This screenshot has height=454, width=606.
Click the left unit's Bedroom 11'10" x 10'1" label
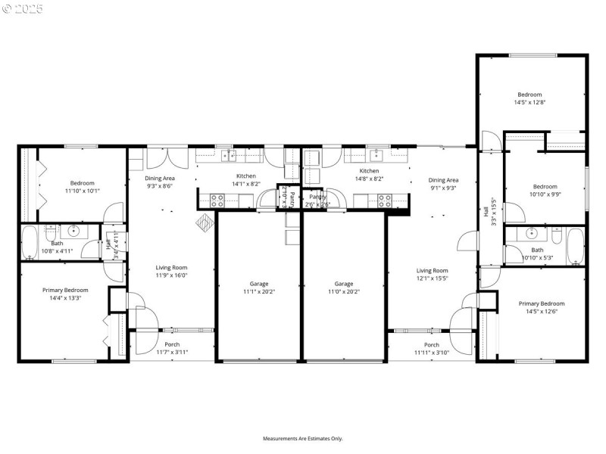click(83, 187)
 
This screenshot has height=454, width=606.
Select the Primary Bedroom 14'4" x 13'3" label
click(64, 294)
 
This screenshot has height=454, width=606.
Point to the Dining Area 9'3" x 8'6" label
click(159, 182)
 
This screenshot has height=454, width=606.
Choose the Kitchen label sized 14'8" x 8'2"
click(369, 175)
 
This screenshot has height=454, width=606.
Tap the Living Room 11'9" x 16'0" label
click(171, 271)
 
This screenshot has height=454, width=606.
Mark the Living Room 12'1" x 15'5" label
click(433, 275)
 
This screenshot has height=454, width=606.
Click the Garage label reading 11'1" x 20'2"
click(259, 288)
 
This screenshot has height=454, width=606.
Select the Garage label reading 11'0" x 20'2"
click(344, 288)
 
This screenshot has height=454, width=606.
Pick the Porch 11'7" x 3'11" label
click(172, 349)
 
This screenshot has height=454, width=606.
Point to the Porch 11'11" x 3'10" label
click(432, 349)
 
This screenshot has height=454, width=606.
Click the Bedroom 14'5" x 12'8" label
click(529, 98)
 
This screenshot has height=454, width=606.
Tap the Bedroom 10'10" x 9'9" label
click(545, 190)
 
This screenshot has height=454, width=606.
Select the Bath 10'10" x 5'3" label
click(537, 253)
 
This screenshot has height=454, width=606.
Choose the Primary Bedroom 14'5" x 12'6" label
click(541, 307)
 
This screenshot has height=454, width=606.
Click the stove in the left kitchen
click(217, 201)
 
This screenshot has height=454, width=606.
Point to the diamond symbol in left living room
click(205, 223)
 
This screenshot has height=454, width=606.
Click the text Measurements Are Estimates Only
click(303, 439)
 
